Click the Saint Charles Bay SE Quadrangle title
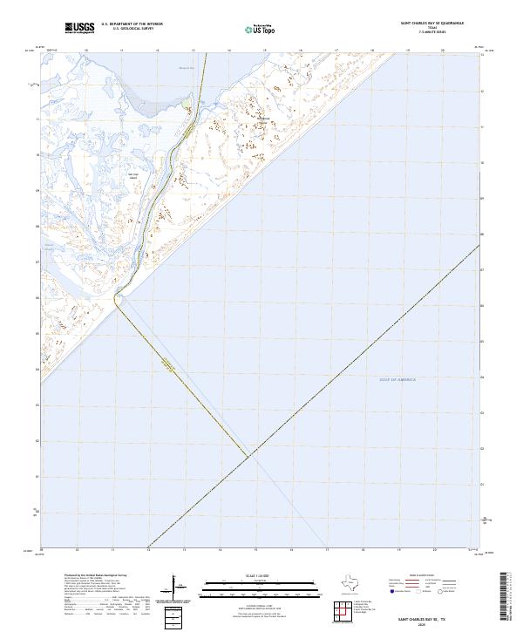(431, 24)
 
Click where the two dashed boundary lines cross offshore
(248, 455)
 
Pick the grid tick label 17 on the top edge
(336, 51)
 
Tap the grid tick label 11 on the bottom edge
(113, 549)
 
